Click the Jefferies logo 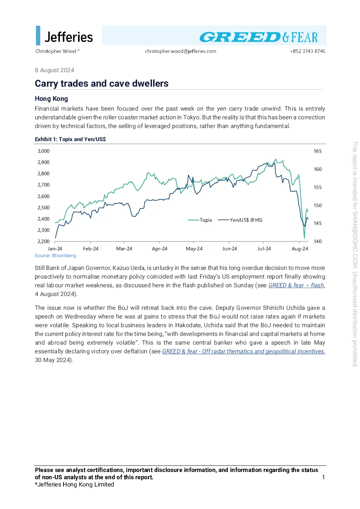click(64, 36)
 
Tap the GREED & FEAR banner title click(258, 37)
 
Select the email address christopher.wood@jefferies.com click(180, 52)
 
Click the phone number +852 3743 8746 click(307, 52)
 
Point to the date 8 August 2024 click(54, 70)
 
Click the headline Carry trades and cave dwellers click(102, 83)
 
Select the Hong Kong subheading click(52, 99)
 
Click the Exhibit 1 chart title click(70, 139)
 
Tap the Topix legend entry click(200, 220)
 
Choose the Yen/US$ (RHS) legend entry click(240, 220)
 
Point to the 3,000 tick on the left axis click(44, 151)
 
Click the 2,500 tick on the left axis click(44, 208)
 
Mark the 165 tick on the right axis click(318, 151)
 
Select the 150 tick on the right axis click(318, 205)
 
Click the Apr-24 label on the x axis click(160, 249)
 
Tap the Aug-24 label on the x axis click(300, 249)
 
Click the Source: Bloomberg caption click(55, 256)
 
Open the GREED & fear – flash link click(296, 286)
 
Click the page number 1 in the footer click(323, 477)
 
